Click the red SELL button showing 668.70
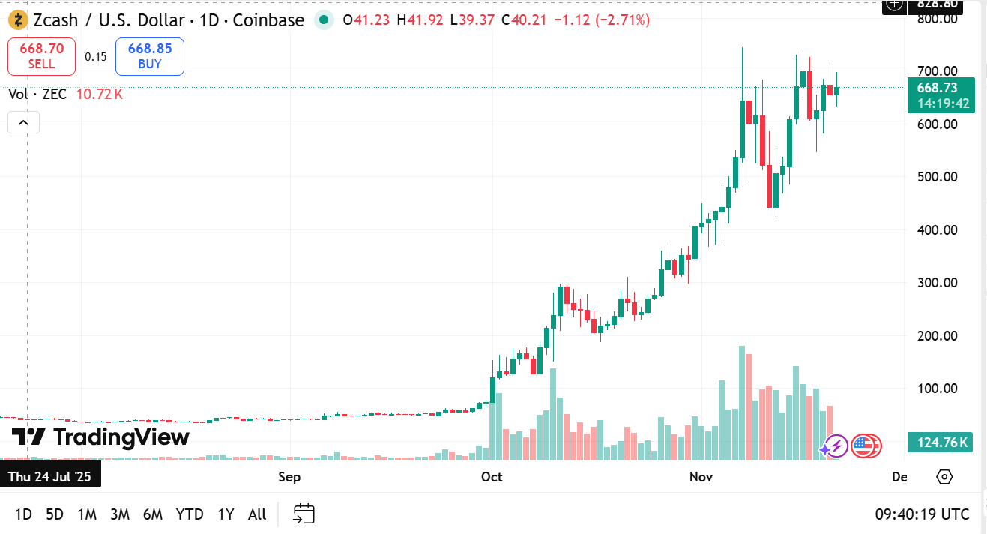pos(41,56)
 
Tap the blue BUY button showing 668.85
pos(150,56)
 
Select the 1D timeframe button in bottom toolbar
pos(23,514)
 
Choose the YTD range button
pos(190,514)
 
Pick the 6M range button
pos(153,514)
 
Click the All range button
pos(257,514)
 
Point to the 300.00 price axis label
pos(938,283)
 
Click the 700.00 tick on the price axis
pos(938,71)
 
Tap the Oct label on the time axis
pos(492,477)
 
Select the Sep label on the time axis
pos(289,477)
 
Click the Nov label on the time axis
pos(701,477)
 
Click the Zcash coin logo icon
pos(18,20)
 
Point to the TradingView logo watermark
pos(100,436)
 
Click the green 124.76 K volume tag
pos(941,442)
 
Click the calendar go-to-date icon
pos(304,514)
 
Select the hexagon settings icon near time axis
pos(944,477)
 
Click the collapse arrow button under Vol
pos(23,122)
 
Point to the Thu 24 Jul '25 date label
pos(49,477)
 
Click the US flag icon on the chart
pos(864,446)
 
